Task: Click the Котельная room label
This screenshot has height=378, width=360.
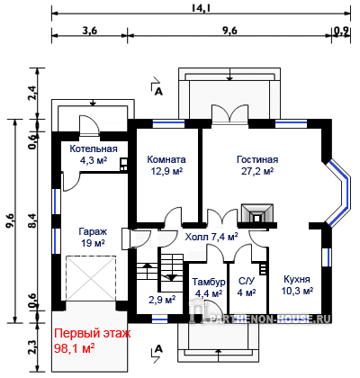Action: pyautogui.click(x=94, y=149)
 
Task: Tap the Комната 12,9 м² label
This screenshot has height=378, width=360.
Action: pyautogui.click(x=166, y=165)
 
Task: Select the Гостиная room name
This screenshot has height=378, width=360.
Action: pyautogui.click(x=257, y=159)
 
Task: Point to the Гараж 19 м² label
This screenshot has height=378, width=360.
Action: pyautogui.click(x=93, y=237)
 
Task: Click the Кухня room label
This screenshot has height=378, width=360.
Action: pyautogui.click(x=297, y=279)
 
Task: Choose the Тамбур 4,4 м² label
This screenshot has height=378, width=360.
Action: pyautogui.click(x=209, y=287)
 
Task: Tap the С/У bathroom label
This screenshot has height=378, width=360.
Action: pyautogui.click(x=247, y=281)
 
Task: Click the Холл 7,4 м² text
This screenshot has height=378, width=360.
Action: pyautogui.click(x=211, y=237)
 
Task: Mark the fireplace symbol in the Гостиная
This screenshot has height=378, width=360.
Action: pyautogui.click(x=257, y=213)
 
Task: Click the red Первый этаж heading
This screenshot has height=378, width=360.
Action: pyautogui.click(x=93, y=334)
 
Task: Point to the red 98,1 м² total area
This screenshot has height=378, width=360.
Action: pyautogui.click(x=75, y=348)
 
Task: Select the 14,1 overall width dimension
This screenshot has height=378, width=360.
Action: pyautogui.click(x=201, y=8)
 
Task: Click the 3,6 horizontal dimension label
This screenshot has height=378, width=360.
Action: pyautogui.click(x=89, y=31)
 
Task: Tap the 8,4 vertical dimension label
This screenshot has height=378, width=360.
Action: pyautogui.click(x=33, y=220)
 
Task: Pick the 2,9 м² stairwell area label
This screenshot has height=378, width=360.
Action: pyautogui.click(x=162, y=300)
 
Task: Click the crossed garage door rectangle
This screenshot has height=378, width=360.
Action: pyautogui.click(x=91, y=278)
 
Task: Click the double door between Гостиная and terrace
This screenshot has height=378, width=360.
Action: pyautogui.click(x=230, y=113)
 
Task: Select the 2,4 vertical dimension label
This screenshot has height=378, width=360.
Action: pyautogui.click(x=33, y=94)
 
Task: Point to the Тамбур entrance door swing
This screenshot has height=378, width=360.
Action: pyautogui.click(x=213, y=309)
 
